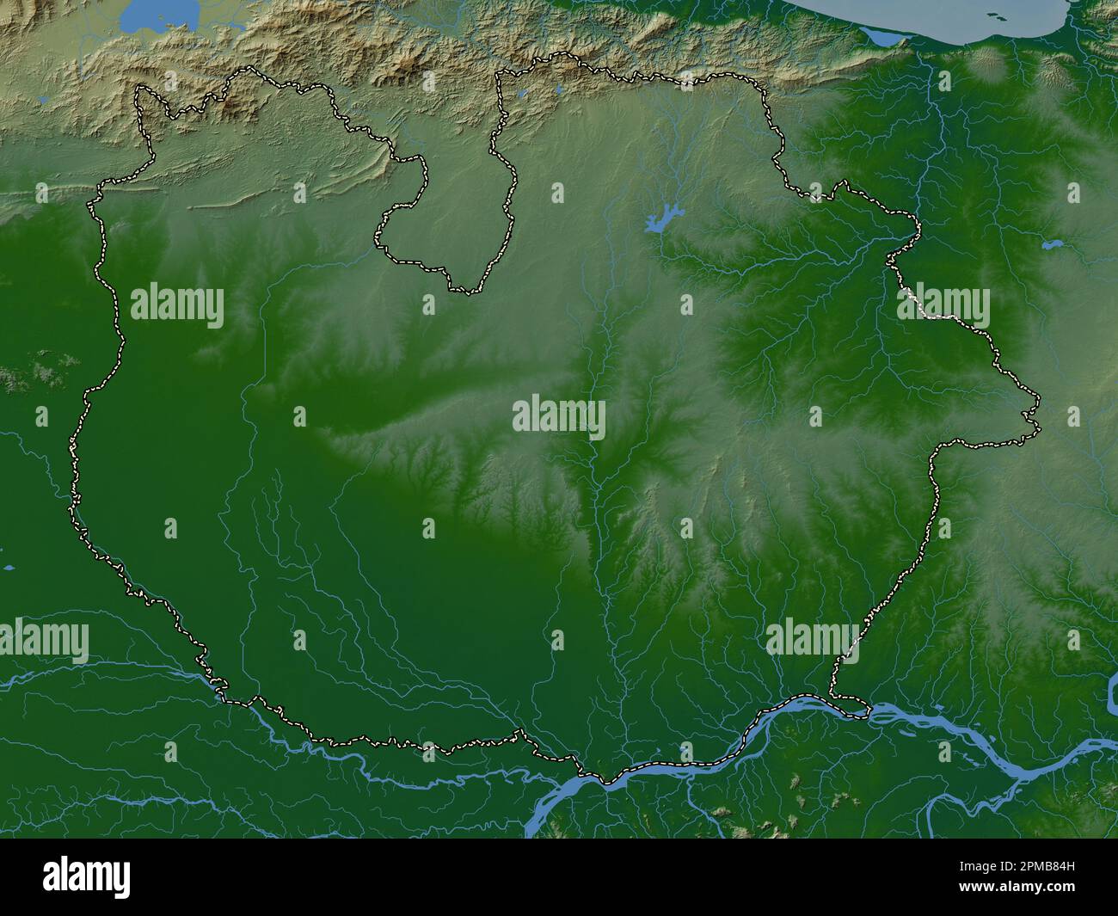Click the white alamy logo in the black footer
tap(87, 877)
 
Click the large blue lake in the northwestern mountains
tap(160, 16)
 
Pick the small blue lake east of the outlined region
tap(1052, 244)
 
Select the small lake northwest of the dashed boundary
tap(44, 100)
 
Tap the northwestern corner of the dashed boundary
tap(139, 88)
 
